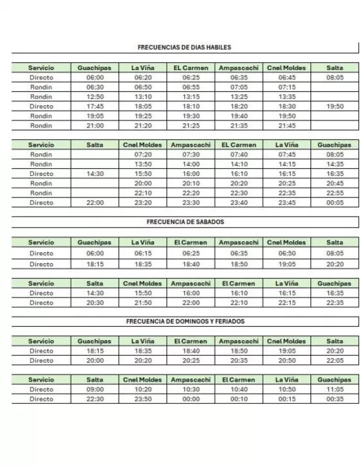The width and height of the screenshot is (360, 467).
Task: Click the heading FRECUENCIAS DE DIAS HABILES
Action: click(185, 47)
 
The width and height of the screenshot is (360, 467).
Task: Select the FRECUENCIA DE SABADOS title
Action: click(185, 222)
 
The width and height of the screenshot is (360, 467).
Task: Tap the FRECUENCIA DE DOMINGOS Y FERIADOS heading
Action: click(185, 321)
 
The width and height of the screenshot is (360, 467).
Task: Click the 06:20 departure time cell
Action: click(143, 78)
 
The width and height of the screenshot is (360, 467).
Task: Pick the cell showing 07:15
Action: click(287, 87)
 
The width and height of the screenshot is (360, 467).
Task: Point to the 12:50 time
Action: click(95, 97)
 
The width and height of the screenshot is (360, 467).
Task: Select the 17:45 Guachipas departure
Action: click(95, 106)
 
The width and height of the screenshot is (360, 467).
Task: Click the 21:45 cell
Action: click(287, 125)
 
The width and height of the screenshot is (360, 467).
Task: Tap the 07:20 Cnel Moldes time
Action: click(143, 154)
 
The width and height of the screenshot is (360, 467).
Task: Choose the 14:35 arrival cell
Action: click(335, 164)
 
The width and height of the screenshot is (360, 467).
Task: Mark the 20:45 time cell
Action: click(335, 183)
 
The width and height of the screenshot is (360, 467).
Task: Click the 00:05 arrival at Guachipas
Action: click(335, 202)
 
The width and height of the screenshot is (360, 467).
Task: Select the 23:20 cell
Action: click(143, 202)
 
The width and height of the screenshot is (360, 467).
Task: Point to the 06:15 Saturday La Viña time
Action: click(143, 253)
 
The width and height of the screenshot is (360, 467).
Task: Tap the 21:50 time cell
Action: click(143, 303)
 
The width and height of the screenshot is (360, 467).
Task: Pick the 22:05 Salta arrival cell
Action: click(335, 360)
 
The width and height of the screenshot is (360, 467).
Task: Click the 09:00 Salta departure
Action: click(95, 389)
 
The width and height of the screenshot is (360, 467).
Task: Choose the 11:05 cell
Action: click(335, 389)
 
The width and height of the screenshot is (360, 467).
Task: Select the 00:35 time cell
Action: click(335, 399)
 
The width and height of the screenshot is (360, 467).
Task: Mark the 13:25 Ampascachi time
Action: click(239, 97)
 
